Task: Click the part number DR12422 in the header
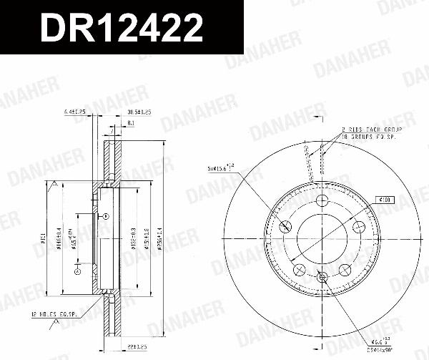coord(122,29)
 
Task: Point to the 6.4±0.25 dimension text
coord(74,112)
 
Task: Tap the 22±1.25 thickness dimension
coord(136,326)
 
